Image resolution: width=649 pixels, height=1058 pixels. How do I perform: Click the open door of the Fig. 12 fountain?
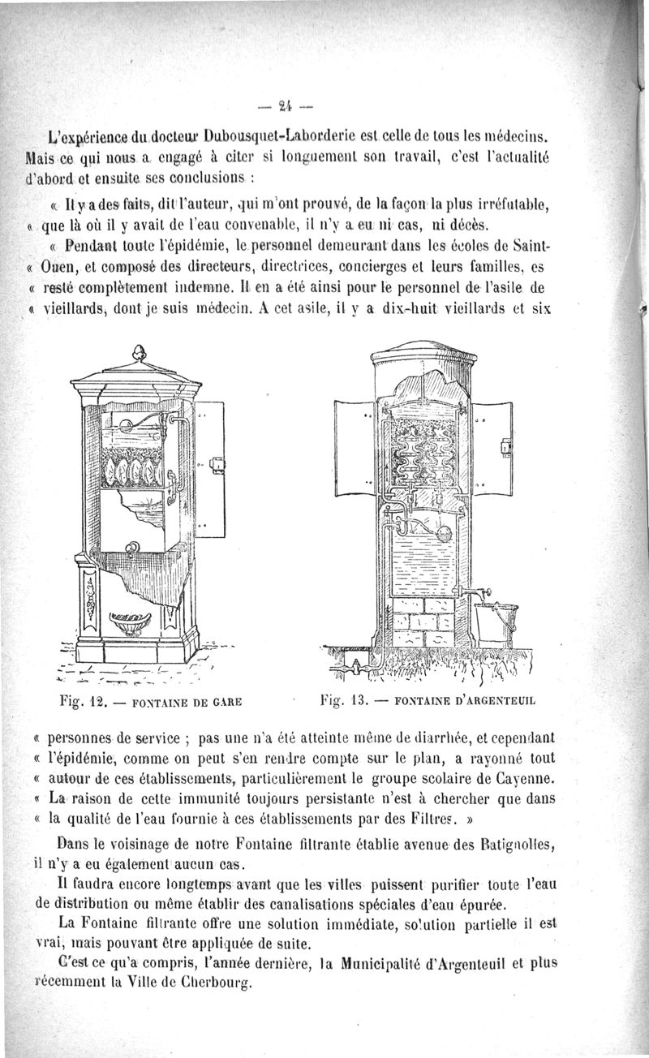pos(209,468)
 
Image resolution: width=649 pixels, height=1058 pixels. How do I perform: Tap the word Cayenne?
pos(518,781)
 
